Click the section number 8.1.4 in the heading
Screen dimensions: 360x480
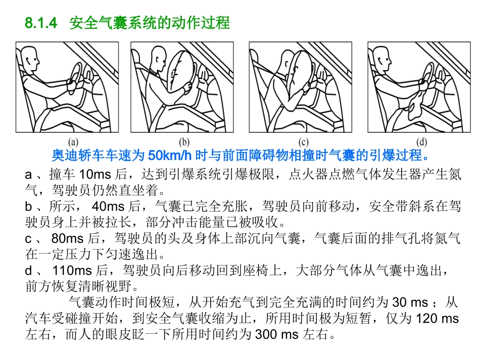coord(42,23)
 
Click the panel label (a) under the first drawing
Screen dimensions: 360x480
coord(73,142)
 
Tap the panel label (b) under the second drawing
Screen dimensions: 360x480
coord(185,142)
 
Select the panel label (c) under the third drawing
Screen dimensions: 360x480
coord(304,142)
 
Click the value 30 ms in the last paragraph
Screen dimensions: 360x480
coord(410,303)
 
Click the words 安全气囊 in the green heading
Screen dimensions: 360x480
coord(103,23)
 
